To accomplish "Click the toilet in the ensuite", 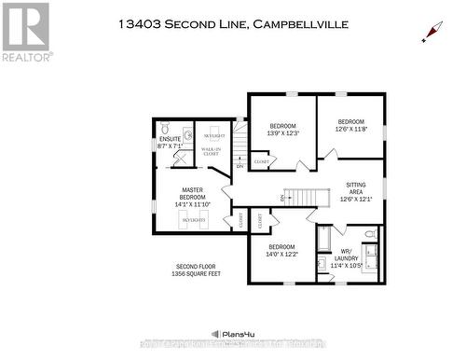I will (165, 128).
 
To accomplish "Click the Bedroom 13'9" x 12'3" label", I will (282, 130).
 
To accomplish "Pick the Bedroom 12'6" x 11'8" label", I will (350, 125).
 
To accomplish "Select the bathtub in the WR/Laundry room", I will (323, 241).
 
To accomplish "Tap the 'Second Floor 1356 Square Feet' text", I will (194, 270).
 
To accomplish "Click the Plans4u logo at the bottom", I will (233, 333).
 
